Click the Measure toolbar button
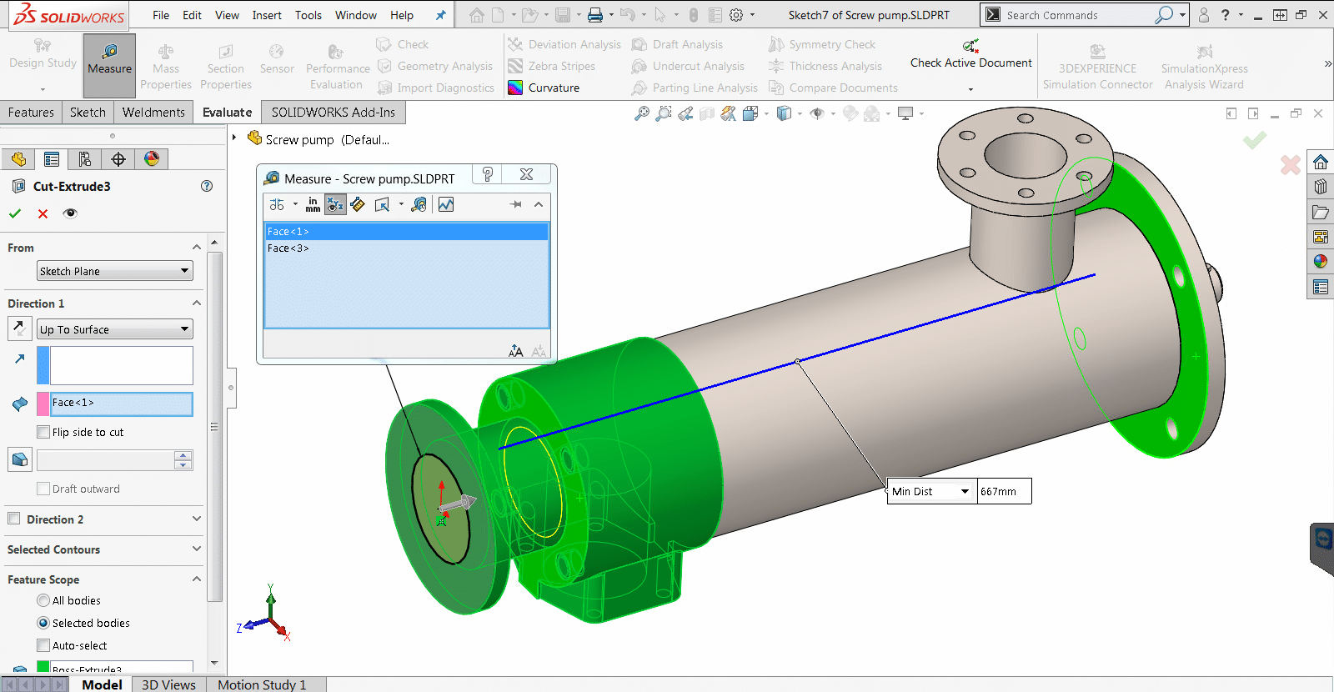pyautogui.click(x=109, y=60)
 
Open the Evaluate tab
pyautogui.click(x=227, y=113)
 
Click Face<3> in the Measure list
pyautogui.click(x=288, y=248)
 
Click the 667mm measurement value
pyautogui.click(x=1003, y=492)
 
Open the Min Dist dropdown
pyautogui.click(x=965, y=492)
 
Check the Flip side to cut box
pyautogui.click(x=44, y=432)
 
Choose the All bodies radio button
pyautogui.click(x=43, y=600)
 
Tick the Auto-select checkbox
pyautogui.click(x=44, y=645)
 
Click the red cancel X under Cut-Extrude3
pyautogui.click(x=43, y=214)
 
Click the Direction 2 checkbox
pyautogui.click(x=14, y=519)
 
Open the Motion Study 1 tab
pyautogui.click(x=262, y=684)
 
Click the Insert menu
pyautogui.click(x=267, y=15)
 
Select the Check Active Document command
pyautogui.click(x=970, y=63)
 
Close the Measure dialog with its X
pyautogui.click(x=526, y=174)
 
